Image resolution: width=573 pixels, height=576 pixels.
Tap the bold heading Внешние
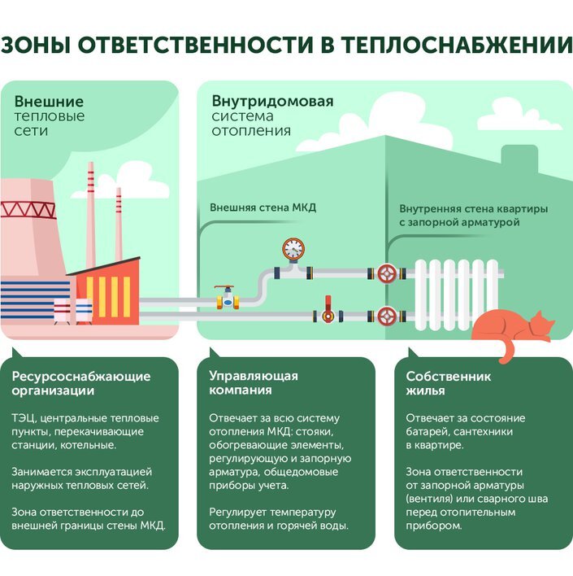click(x=49, y=102)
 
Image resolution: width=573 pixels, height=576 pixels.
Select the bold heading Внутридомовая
click(x=272, y=102)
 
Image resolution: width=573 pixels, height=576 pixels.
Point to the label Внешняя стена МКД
click(x=263, y=207)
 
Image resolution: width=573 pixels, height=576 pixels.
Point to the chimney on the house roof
click(x=517, y=159)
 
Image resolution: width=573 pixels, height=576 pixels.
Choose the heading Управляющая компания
click(x=254, y=382)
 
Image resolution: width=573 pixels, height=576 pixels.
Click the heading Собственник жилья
click(x=449, y=383)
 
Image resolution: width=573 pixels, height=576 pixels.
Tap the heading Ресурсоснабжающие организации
click(x=81, y=383)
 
